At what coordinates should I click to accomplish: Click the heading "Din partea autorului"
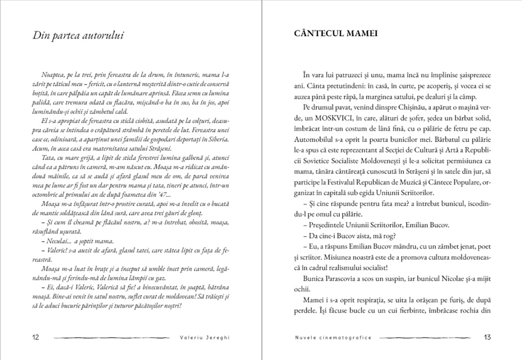pyautogui.click(x=78, y=36)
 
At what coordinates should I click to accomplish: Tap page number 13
pyautogui.click(x=487, y=337)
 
